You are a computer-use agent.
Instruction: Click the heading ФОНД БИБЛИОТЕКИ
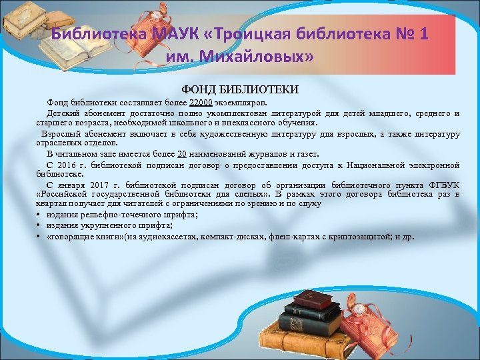(x=240, y=89)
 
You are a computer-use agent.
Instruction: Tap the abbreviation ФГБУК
(x=443, y=183)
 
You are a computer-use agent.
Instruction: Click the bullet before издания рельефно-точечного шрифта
(x=40, y=215)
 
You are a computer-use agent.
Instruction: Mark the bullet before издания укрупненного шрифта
(x=40, y=225)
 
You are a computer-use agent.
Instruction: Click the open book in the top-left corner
(x=27, y=20)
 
